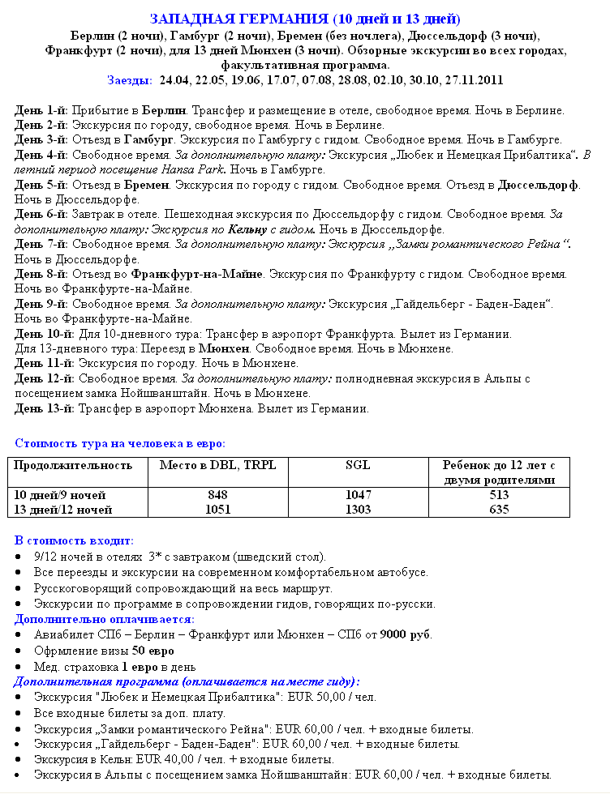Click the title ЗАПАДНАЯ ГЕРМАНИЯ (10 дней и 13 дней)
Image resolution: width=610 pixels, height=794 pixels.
305,19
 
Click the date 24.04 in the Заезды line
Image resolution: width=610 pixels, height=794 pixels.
175,80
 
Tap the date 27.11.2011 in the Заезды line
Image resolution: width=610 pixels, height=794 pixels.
474,80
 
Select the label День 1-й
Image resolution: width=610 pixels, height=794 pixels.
42,110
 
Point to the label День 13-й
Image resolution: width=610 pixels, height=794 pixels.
45,408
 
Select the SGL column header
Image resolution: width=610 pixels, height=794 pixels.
358,465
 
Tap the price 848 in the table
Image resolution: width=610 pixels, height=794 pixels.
217,495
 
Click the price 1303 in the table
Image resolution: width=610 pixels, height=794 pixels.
358,510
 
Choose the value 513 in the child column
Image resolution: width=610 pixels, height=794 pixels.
499,495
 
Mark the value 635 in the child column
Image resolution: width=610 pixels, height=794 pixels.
499,510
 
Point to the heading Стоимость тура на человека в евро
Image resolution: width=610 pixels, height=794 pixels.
120,443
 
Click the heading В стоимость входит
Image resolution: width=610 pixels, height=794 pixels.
75,540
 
